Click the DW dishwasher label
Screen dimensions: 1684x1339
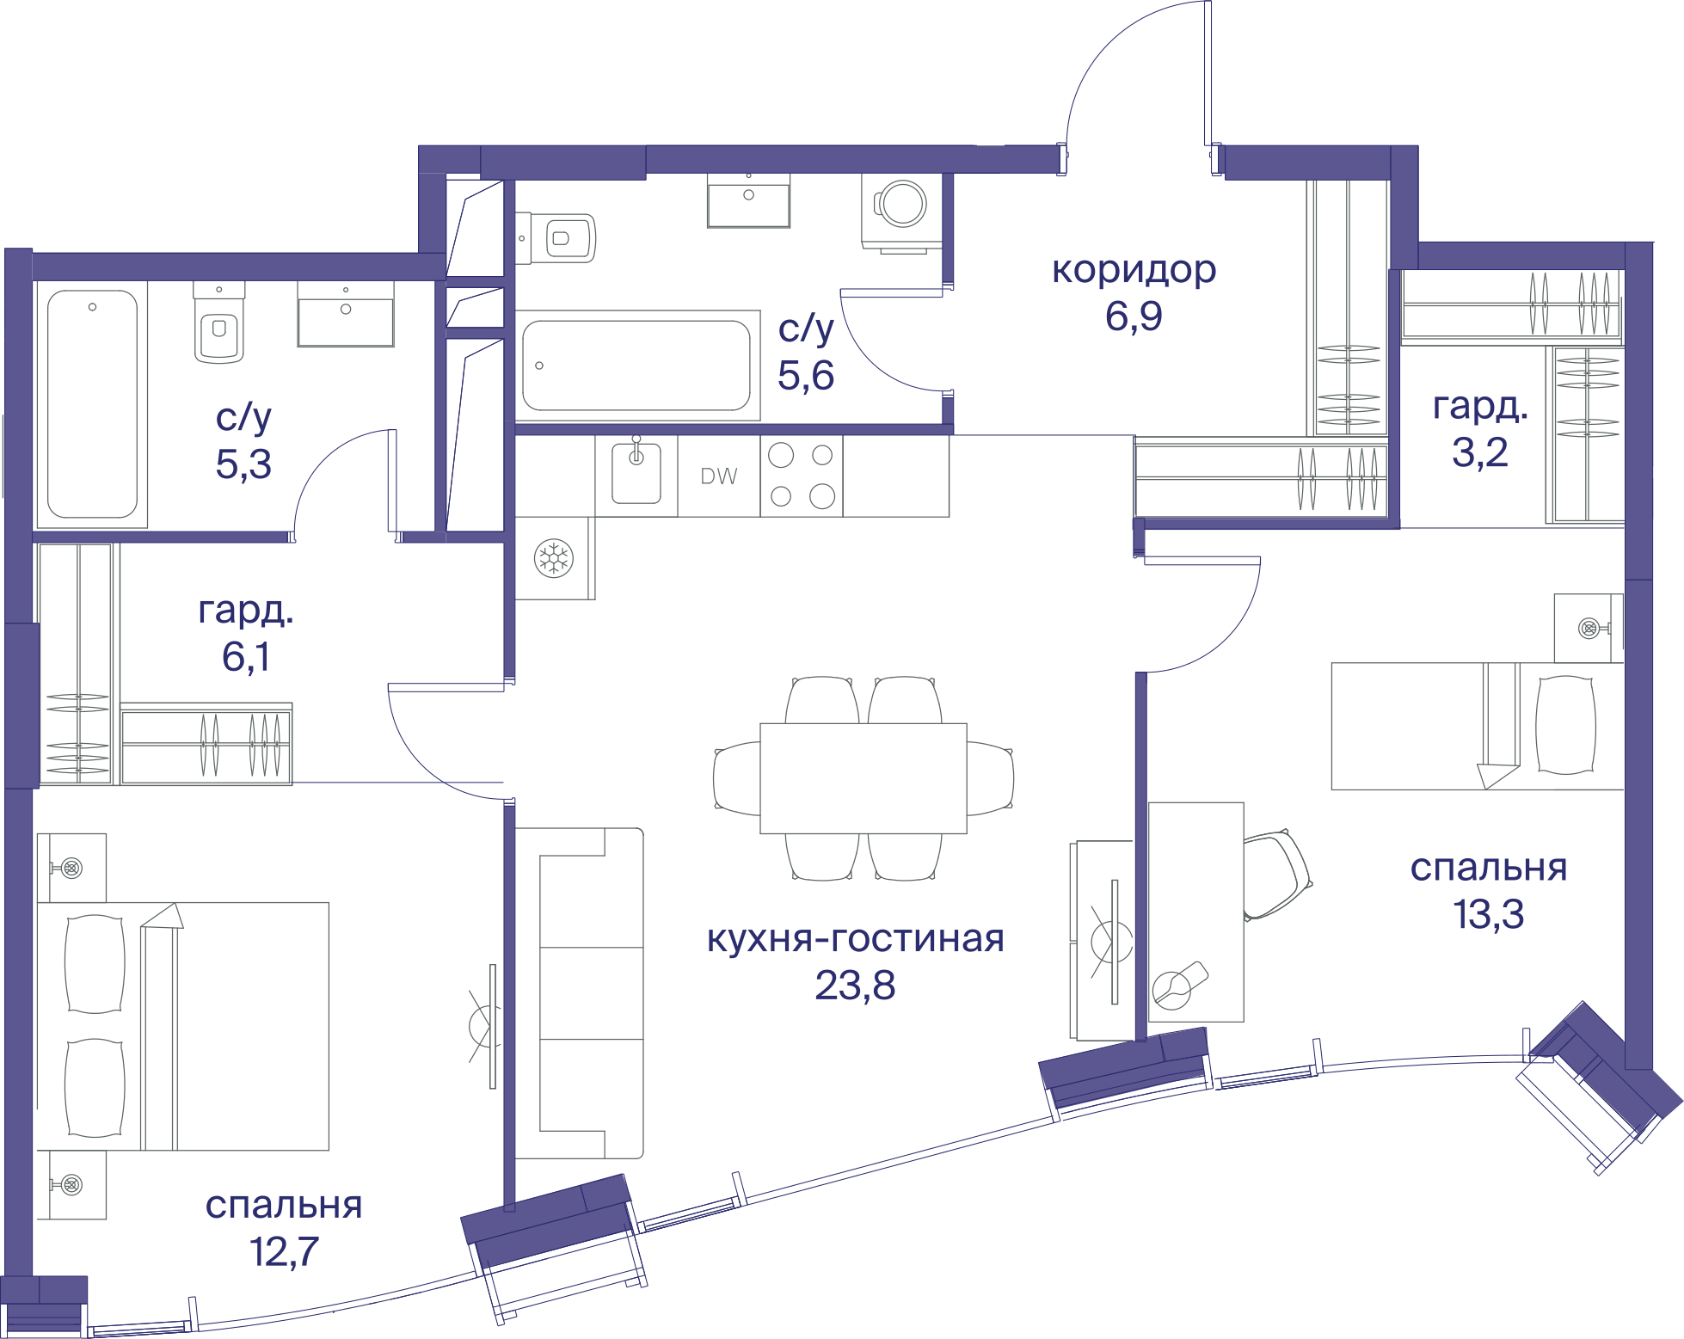[719, 476]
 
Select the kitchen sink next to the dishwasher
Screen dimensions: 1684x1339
[636, 473]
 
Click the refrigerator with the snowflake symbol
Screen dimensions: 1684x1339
[555, 558]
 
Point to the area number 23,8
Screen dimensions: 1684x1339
[855, 986]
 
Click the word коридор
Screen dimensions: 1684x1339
[1134, 270]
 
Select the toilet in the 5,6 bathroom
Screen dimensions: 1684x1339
[556, 238]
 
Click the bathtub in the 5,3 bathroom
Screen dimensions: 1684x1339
[92, 403]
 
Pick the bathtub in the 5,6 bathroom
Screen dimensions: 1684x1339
[637, 365]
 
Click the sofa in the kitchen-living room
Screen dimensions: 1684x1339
[580, 993]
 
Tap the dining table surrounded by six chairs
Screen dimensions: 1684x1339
[864, 778]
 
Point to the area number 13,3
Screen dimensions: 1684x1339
[1489, 914]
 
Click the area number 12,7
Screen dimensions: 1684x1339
[284, 1251]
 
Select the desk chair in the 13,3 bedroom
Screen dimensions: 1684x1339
[1277, 875]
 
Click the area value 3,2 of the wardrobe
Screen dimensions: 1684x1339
[1480, 452]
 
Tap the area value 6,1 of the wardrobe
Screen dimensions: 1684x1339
[246, 657]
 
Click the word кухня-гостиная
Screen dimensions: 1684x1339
[856, 938]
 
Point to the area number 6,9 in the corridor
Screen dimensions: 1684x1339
[1134, 316]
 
